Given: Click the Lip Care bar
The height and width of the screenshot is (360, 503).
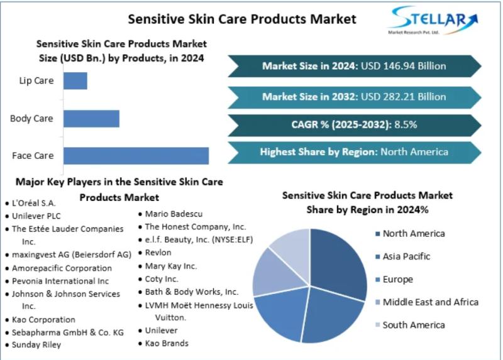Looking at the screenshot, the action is click(75, 81).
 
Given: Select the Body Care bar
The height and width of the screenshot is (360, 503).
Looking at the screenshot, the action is click(91, 119).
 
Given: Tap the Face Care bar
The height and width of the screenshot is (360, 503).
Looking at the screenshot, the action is click(136, 156).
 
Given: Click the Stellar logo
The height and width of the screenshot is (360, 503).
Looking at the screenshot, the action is click(433, 20).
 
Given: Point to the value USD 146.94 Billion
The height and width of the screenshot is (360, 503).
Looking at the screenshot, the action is click(403, 66).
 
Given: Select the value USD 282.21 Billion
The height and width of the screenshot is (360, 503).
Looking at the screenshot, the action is click(403, 97).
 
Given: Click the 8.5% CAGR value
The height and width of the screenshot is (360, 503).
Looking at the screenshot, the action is click(406, 124).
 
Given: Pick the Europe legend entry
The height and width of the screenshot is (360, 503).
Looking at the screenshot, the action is click(394, 279).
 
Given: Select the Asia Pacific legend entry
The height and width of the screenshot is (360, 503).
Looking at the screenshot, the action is click(402, 256).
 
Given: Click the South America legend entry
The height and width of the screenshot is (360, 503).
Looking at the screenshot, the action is click(410, 325).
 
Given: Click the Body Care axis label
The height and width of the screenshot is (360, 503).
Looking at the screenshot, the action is click(31, 119).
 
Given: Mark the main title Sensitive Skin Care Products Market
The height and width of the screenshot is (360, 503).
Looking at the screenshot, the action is click(242, 19).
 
